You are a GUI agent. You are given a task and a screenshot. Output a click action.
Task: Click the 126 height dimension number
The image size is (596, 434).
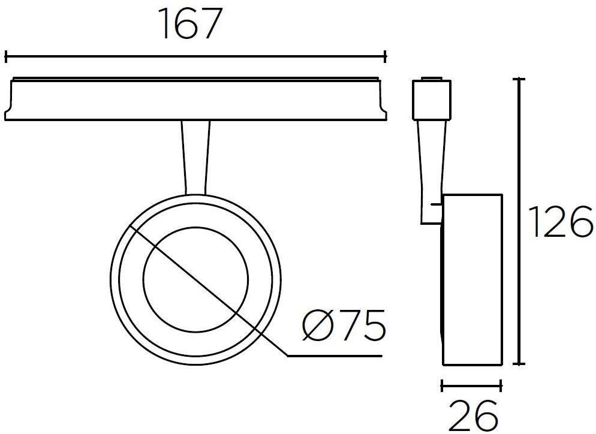pyautogui.click(x=561, y=222)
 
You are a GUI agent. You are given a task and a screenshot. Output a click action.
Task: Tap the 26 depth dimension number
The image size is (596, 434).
pyautogui.click(x=473, y=414)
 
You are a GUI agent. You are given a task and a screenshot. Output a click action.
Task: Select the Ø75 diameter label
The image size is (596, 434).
pyautogui.click(x=344, y=326)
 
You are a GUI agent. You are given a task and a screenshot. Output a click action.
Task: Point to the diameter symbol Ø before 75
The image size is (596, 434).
pyautogui.click(x=316, y=326)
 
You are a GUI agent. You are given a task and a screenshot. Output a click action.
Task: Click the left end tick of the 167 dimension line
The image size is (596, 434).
pyautogui.click(x=6, y=57)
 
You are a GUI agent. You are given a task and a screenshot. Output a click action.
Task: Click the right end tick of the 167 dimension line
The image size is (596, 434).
pyautogui.click(x=386, y=57)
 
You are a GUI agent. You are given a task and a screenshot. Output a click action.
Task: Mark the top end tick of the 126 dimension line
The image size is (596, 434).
pyautogui.click(x=520, y=79)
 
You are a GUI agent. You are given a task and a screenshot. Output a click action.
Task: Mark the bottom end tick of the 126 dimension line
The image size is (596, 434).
pyautogui.click(x=520, y=364)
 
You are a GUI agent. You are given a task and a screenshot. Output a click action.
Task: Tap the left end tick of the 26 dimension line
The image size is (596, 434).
pyautogui.click(x=442, y=385)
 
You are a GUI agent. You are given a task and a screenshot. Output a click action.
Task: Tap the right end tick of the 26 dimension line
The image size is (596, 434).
pyautogui.click(x=501, y=385)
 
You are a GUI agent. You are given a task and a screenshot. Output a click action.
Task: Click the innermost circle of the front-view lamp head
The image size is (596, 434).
pyautogui.click(x=195, y=279)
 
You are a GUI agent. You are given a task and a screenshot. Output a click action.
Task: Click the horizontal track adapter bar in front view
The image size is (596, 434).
pyautogui.click(x=195, y=99)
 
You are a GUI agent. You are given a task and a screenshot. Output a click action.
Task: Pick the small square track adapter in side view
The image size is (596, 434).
pyautogui.click(x=431, y=98)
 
